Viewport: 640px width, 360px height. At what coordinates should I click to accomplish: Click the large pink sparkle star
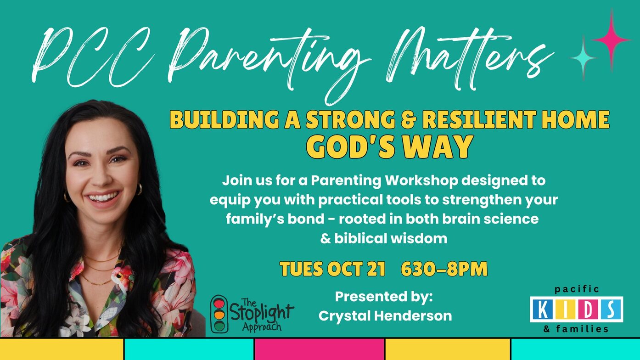pyautogui.click(x=612, y=40)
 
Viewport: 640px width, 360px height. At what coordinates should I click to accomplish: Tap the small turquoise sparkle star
pyautogui.click(x=583, y=58)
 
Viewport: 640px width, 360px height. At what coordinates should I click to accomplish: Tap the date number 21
pyautogui.click(x=376, y=269)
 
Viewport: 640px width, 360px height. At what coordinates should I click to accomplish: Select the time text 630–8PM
pyautogui.click(x=444, y=269)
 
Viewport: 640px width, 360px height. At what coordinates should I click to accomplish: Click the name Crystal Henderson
pyautogui.click(x=385, y=316)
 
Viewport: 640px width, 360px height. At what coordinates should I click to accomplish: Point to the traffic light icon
pyautogui.click(x=219, y=314)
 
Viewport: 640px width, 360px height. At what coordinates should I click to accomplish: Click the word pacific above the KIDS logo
pyautogui.click(x=577, y=289)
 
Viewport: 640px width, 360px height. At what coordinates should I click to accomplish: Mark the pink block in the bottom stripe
pyautogui.click(x=319, y=349)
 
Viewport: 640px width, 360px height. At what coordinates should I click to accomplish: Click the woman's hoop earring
pyautogui.click(x=140, y=189)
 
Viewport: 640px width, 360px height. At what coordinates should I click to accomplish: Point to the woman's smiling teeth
pyautogui.click(x=102, y=197)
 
